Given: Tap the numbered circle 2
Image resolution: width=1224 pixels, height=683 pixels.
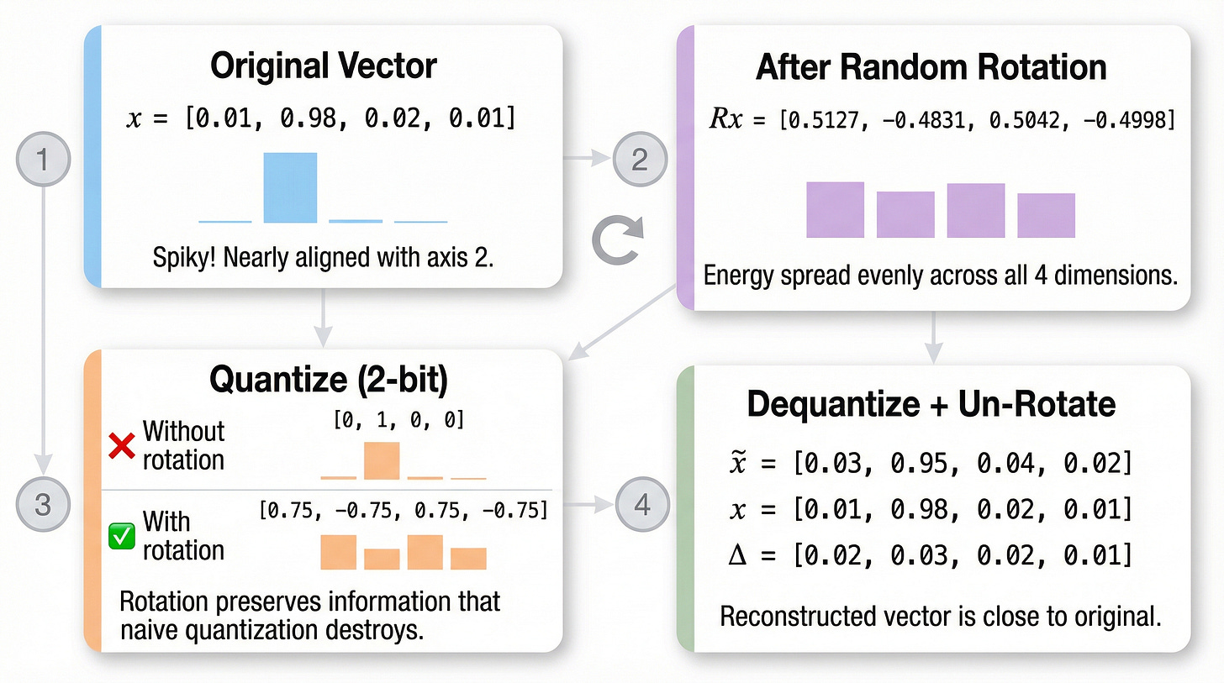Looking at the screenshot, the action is pos(640,158).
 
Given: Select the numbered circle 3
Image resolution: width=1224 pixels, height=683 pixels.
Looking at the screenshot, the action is pos(43,504).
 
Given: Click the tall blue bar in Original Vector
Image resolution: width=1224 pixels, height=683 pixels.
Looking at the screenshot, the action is pos(290,187).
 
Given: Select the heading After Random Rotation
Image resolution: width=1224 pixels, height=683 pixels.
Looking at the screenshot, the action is pos(931,67).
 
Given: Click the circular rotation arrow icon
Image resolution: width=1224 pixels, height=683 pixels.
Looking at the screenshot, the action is pos(618,237).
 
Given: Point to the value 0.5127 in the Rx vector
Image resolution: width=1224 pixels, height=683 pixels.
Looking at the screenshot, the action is pos(814,119).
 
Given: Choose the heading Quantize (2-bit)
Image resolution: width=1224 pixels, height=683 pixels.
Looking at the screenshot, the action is pos(329,380).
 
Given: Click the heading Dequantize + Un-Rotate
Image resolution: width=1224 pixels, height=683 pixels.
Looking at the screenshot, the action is pos(931,404).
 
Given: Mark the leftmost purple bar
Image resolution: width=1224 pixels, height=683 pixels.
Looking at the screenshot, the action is pos(835,209).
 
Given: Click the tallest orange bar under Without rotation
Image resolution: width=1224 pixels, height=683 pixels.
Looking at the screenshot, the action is pos(381,460).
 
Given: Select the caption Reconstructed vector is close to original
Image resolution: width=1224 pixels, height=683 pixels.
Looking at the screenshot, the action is pos(940,617).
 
